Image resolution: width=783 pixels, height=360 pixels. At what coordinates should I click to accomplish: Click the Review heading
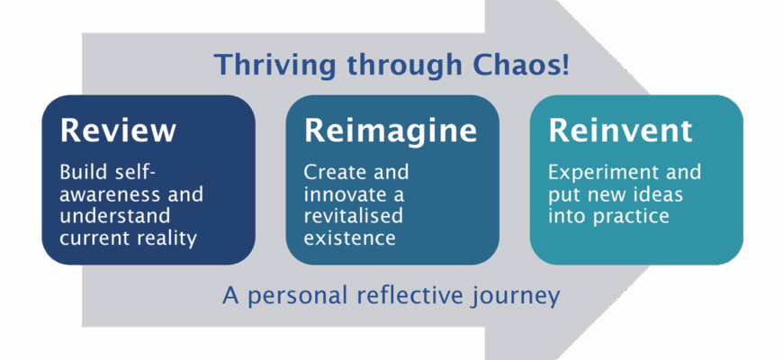117,130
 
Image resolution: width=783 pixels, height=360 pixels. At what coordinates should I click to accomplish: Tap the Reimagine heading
390,130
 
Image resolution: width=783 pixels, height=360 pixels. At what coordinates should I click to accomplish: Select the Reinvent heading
621,130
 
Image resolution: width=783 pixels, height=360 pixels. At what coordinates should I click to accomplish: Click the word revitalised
354,217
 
